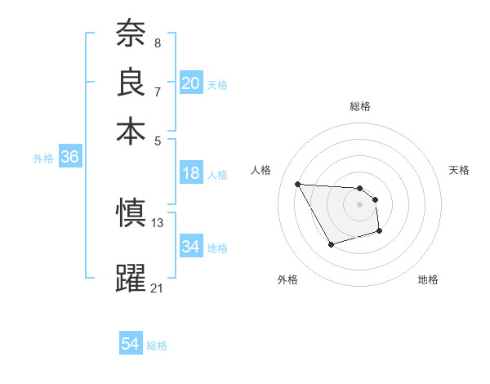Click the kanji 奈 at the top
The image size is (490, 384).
(x=130, y=33)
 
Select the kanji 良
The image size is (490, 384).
(x=130, y=82)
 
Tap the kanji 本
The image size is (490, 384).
(x=130, y=130)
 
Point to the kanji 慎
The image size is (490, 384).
(x=130, y=212)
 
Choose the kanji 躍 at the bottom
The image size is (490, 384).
(x=130, y=277)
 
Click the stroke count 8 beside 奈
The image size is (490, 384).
(x=157, y=42)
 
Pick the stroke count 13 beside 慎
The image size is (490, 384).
(x=158, y=221)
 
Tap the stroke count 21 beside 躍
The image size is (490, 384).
(x=158, y=287)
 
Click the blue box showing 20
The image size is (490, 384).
(x=191, y=83)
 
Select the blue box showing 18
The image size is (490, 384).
(x=191, y=173)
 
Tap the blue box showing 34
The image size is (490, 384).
(x=191, y=246)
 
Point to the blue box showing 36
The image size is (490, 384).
(x=69, y=157)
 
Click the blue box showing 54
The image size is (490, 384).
(x=131, y=344)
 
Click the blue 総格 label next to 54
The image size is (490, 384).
(x=157, y=346)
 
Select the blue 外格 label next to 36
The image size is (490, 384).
(x=43, y=159)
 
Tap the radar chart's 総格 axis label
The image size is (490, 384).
(x=360, y=106)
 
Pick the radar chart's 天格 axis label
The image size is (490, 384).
(x=460, y=170)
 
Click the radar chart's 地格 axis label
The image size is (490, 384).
(x=428, y=279)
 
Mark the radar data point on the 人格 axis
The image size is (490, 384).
(x=298, y=184)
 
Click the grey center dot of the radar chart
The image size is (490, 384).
(x=360, y=204)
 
